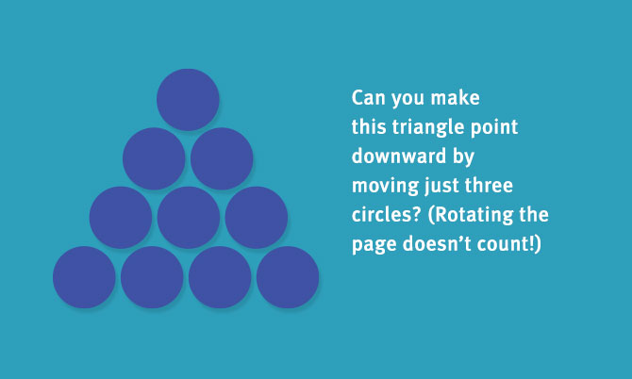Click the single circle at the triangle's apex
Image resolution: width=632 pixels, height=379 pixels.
[x=188, y=100]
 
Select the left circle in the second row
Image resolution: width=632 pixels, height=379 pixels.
[x=154, y=158]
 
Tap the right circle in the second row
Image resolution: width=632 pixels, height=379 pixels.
[x=222, y=158]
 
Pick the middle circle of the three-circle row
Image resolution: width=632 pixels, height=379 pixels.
[x=189, y=218]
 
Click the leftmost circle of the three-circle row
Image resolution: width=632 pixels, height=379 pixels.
[x=121, y=218]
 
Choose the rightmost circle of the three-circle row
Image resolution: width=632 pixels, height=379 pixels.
[x=257, y=218]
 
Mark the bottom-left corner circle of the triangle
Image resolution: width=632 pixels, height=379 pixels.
[x=84, y=277]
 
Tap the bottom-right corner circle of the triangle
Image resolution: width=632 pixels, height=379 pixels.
[x=288, y=277]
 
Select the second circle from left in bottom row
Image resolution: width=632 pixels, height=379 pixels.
[x=152, y=277]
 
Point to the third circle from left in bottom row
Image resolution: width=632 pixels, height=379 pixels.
[x=220, y=277]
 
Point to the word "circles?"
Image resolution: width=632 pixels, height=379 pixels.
[x=387, y=215]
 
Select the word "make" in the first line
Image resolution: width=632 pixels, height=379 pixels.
[x=455, y=98]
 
